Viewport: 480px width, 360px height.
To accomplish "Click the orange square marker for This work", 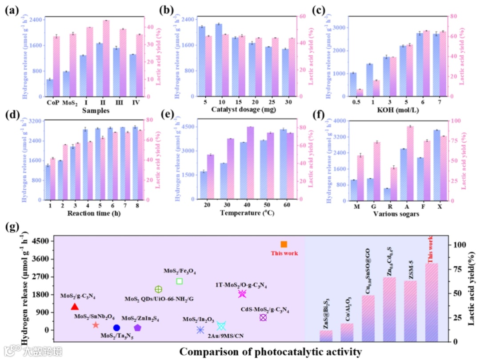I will click(284, 244).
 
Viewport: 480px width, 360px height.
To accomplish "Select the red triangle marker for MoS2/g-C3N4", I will click(75, 307).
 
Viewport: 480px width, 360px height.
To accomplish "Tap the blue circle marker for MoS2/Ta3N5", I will click(116, 328).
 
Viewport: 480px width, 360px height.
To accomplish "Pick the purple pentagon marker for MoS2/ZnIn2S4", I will click(138, 328).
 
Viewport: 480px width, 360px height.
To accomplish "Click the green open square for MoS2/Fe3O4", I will click(180, 281).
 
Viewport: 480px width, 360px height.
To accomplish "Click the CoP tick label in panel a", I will click(53, 103).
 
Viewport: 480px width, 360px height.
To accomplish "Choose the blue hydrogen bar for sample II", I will click(99, 70).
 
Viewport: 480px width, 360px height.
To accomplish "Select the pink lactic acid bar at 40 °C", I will click(250, 163).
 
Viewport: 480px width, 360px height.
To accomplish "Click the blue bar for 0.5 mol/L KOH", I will click(353, 84).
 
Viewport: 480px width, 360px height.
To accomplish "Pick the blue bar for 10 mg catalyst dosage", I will click(219, 60).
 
